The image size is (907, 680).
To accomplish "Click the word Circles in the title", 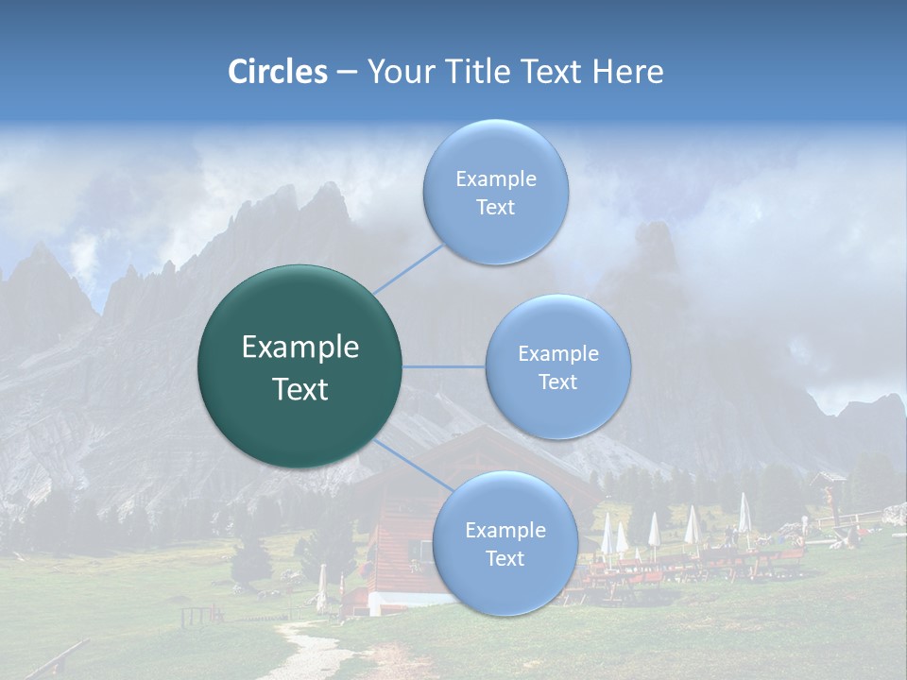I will (x=278, y=72).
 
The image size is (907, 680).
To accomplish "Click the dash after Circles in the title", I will (x=347, y=72).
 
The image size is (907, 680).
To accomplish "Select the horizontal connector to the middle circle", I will (x=444, y=366).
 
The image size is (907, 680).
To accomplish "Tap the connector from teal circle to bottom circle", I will (x=412, y=464).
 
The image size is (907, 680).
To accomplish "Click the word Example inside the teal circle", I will (x=300, y=348).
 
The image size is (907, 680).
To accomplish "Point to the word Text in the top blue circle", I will (x=495, y=208).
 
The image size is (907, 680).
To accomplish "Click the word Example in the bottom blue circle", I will (x=505, y=531).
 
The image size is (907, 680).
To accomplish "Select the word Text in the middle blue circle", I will (x=557, y=382).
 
